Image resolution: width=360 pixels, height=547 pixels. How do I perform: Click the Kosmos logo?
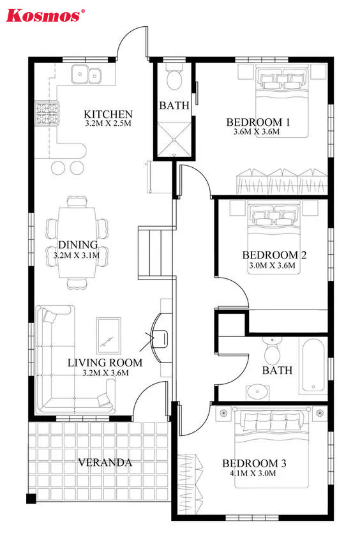point(45,15)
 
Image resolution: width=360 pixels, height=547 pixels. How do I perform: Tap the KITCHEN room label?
point(108,114)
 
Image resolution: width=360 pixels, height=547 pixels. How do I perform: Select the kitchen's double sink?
point(86,74)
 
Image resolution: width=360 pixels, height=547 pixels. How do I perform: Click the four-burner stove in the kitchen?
point(47,114)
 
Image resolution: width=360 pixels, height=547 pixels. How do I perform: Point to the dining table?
point(77,243)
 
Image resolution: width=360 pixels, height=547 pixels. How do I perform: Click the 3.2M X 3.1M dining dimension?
point(77,255)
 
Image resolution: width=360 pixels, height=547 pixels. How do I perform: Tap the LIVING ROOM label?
point(105,363)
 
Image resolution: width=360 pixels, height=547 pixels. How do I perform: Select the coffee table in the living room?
point(109,335)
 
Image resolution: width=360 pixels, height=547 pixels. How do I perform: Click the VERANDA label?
point(105,463)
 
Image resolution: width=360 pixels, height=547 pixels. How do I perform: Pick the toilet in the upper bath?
point(174,77)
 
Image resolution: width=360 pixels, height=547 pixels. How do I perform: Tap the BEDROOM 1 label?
point(258,122)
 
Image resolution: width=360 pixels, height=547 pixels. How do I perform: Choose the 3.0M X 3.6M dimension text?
point(272,266)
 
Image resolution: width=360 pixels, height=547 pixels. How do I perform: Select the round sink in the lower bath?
point(258,392)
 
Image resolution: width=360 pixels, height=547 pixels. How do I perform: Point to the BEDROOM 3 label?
point(254,463)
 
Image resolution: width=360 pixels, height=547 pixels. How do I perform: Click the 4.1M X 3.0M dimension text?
point(253,474)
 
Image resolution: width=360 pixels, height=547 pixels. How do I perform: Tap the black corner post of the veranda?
point(31,498)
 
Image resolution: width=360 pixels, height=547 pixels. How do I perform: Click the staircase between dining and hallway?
point(156,253)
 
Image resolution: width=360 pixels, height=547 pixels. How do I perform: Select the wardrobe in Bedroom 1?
point(282,181)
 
